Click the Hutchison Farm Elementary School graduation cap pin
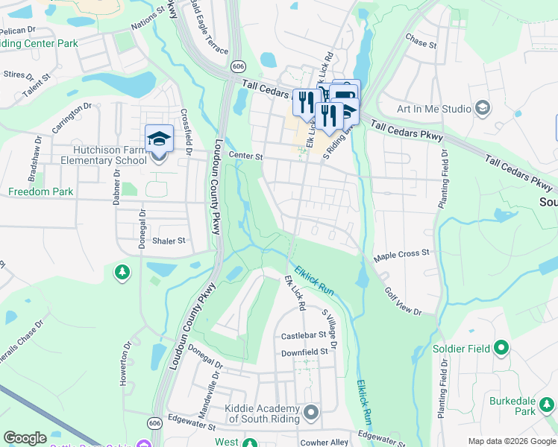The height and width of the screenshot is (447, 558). pos(159,139)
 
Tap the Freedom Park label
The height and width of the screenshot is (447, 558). pos(40,191)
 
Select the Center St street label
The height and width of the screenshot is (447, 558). pos(246,156)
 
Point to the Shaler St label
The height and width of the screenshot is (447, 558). pos(168,241)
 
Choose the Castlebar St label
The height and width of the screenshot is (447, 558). pos(304,336)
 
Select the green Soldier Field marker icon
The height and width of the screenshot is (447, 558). pos(501,348)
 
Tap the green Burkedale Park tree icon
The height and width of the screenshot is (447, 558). pos(548,405)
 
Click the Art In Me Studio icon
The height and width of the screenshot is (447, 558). pos(482,109)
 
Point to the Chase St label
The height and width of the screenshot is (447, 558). pos(421,39)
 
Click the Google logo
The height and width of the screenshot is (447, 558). pos(25,437)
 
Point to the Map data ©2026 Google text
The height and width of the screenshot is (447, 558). pos(511,441)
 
